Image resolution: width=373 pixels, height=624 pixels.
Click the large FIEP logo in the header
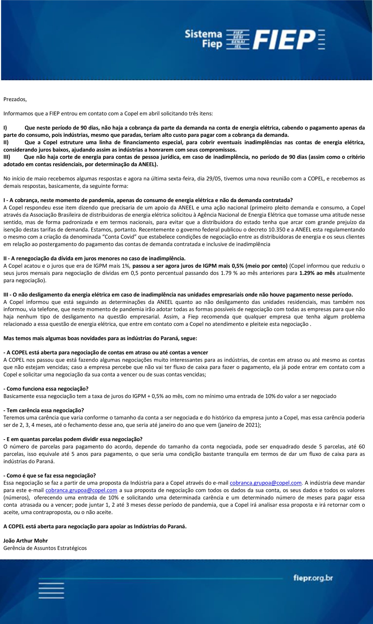(x=284, y=39)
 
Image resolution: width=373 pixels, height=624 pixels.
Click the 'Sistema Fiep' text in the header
(x=203, y=39)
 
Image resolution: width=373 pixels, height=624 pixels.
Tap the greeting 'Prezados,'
(x=15, y=99)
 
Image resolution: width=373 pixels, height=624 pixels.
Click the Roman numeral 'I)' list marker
(x=5, y=128)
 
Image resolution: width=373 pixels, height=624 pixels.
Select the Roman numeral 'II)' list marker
(x=6, y=143)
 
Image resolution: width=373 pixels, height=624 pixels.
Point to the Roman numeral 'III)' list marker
(x=7, y=157)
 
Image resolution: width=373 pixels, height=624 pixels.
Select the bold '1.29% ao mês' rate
(x=317, y=273)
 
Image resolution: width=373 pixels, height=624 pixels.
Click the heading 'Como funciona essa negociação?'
(x=46, y=389)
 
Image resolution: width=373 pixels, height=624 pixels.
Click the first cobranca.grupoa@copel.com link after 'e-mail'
(x=266, y=483)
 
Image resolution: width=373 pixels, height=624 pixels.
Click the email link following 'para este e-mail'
(x=81, y=490)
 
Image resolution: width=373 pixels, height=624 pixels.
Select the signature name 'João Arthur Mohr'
(x=26, y=541)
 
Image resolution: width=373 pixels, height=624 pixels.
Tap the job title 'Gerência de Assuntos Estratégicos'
(x=45, y=548)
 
